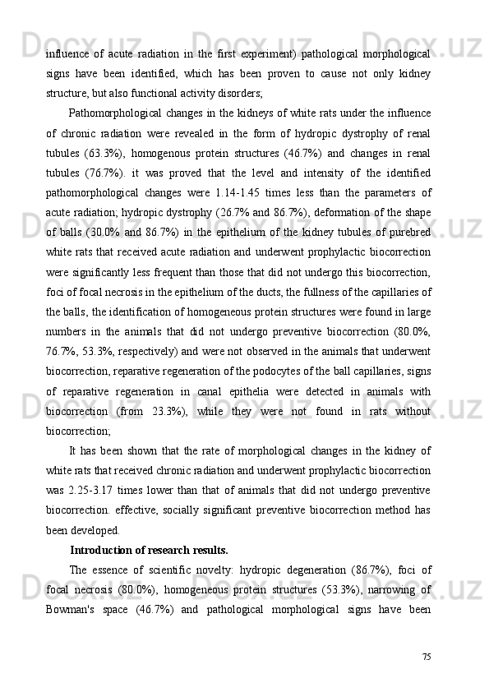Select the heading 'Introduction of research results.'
(149, 551)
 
